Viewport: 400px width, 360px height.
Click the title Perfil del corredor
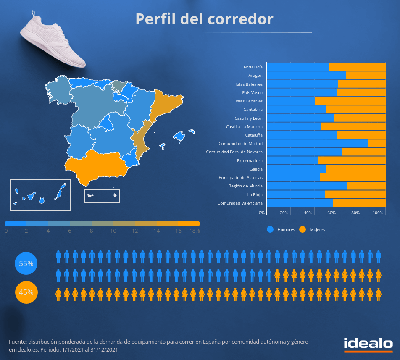(x=204, y=19)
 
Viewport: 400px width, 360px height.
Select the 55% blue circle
(x=26, y=264)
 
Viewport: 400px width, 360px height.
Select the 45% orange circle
(x=26, y=292)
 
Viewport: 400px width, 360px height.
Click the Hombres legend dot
(x=270, y=229)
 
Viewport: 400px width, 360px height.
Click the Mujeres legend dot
(x=303, y=229)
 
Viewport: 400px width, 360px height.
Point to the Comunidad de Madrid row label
(x=240, y=144)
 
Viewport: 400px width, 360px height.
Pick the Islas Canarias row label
(x=249, y=101)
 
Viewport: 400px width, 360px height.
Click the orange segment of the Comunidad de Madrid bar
(x=376, y=143)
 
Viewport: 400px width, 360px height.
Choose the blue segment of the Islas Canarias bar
(x=291, y=101)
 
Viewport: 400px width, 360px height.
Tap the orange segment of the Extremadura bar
(x=352, y=160)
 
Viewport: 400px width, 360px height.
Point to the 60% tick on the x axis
(x=332, y=213)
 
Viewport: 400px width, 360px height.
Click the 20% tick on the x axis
(x=284, y=213)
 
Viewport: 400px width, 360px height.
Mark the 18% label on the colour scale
(x=195, y=231)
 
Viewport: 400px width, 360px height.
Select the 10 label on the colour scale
(x=113, y=231)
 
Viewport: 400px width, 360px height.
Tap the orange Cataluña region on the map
(x=168, y=103)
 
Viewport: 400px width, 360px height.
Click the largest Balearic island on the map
(x=179, y=137)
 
